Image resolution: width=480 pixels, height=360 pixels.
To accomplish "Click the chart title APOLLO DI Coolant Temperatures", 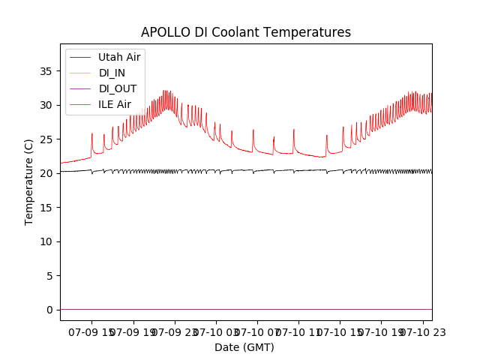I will [x=246, y=32].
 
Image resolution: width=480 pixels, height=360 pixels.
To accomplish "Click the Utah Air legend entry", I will [x=119, y=57].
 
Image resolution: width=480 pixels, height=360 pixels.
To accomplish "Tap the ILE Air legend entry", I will [x=115, y=104].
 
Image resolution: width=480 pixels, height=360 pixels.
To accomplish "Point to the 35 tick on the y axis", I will [x=46, y=71].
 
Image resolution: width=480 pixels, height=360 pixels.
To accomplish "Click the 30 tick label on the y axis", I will [x=46, y=105].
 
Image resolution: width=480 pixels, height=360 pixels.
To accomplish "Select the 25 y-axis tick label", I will [x=46, y=139].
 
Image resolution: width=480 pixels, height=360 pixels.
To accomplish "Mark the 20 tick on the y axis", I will [x=46, y=173].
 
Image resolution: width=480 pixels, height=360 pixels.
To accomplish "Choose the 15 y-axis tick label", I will [x=46, y=208].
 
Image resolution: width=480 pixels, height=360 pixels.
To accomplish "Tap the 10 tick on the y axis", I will [x=46, y=241].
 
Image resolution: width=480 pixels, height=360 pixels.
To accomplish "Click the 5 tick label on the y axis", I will [x=49, y=276].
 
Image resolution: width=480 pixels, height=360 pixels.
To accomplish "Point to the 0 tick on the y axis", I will [x=49, y=310].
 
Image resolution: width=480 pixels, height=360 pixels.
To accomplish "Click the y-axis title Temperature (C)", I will [x=29, y=182].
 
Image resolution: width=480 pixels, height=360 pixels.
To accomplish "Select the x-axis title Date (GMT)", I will [x=244, y=347].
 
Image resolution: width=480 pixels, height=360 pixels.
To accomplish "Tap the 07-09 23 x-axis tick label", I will [x=174, y=331].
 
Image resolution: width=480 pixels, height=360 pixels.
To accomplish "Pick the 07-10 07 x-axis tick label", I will [x=256, y=331].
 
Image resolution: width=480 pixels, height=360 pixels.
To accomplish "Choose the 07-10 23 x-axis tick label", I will [x=422, y=331].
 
